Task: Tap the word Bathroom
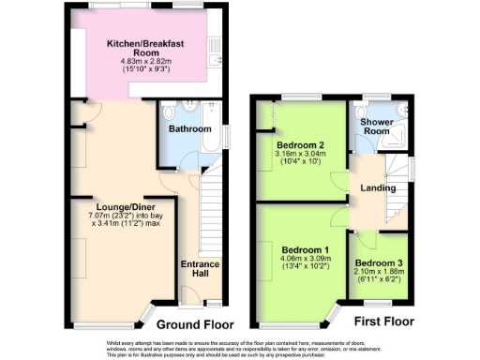pyautogui.click(x=188, y=128)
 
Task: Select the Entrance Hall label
pyautogui.click(x=199, y=269)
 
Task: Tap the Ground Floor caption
pyautogui.click(x=193, y=324)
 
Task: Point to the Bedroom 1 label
pyautogui.click(x=300, y=249)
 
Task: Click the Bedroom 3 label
pyautogui.click(x=379, y=262)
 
